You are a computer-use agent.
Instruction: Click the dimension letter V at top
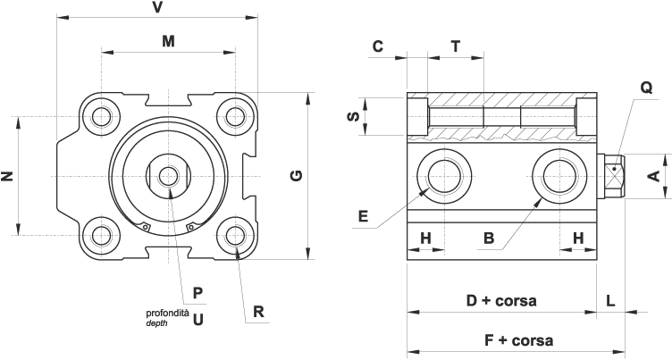[157, 7]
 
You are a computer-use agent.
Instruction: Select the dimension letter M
[168, 40]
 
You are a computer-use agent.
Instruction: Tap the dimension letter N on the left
[8, 176]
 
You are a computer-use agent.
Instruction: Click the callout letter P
[198, 292]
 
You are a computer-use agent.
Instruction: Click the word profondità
[167, 313]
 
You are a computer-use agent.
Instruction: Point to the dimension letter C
[378, 46]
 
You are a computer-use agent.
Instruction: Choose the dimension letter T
[456, 46]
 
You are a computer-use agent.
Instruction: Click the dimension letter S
[353, 116]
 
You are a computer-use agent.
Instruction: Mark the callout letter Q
[646, 88]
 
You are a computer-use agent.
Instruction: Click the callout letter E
[363, 215]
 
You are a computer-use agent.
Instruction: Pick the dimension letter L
[610, 301]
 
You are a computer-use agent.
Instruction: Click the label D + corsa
[501, 301]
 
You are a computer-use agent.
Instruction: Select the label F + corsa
[518, 340]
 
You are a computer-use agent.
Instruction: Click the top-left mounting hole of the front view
[102, 116]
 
